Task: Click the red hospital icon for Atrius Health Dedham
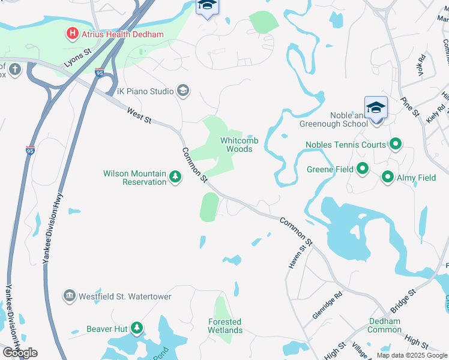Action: (72, 34)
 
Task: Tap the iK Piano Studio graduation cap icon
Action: (183, 91)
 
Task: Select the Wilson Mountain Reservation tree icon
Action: (175, 177)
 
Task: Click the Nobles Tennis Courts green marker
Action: (396, 144)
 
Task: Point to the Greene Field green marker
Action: (363, 169)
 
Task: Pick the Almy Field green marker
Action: (388, 178)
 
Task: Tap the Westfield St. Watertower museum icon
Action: (70, 296)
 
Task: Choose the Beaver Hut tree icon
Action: (137, 328)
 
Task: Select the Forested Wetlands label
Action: (225, 326)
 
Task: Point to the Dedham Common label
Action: (385, 325)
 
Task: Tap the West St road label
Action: (139, 115)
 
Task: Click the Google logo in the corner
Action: (20, 353)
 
